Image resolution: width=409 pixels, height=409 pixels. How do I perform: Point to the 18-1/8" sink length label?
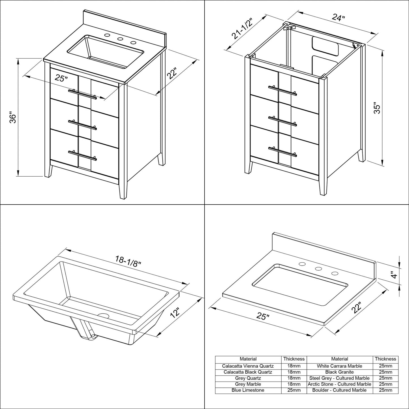pos(128,259)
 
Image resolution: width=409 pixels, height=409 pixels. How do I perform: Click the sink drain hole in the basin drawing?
pos(103,315)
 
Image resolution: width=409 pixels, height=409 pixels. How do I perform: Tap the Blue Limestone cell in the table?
pos(248,390)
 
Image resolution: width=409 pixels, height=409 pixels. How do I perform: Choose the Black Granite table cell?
pos(339,372)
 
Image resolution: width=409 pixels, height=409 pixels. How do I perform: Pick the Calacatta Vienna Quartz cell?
pos(248,366)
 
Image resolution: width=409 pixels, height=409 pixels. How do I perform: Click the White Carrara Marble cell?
pos(339,366)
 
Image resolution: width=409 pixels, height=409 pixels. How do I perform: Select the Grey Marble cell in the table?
pos(248,384)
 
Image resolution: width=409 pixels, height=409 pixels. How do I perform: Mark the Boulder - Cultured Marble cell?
pos(339,390)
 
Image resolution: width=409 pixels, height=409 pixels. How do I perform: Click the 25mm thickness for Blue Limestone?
pos(294,390)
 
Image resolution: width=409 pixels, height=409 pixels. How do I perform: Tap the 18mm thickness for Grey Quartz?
pos(294,378)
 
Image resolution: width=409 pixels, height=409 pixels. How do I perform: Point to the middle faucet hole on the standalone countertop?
pos(318,269)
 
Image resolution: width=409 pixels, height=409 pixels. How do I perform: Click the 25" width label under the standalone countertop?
pos(263,316)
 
